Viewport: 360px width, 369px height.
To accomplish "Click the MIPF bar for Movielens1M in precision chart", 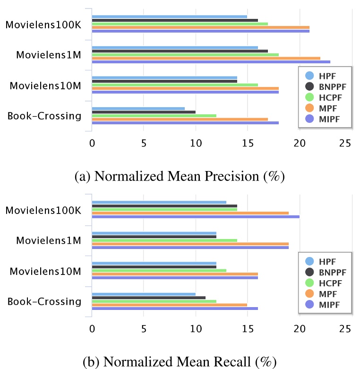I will coord(211,62).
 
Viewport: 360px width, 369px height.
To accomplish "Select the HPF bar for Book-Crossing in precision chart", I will coord(138,108).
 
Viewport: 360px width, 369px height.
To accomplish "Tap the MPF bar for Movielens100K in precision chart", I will coord(200,27).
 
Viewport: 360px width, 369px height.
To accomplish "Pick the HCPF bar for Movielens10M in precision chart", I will coord(175,85).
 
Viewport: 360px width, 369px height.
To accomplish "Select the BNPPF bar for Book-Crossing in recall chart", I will coord(148,298).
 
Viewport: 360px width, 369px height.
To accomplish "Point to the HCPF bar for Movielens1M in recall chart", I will coord(164,240).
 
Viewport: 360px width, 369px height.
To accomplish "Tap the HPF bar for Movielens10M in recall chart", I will coord(154,263).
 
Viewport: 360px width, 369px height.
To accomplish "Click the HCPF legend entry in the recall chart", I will coord(326,283).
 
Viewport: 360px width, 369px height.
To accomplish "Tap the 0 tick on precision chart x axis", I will coord(92,143).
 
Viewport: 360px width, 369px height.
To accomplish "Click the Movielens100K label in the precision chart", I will coord(43,25).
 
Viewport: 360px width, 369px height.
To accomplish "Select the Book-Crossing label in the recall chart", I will coord(44,301).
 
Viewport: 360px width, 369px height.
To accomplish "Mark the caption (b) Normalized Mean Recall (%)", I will coord(179,362).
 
